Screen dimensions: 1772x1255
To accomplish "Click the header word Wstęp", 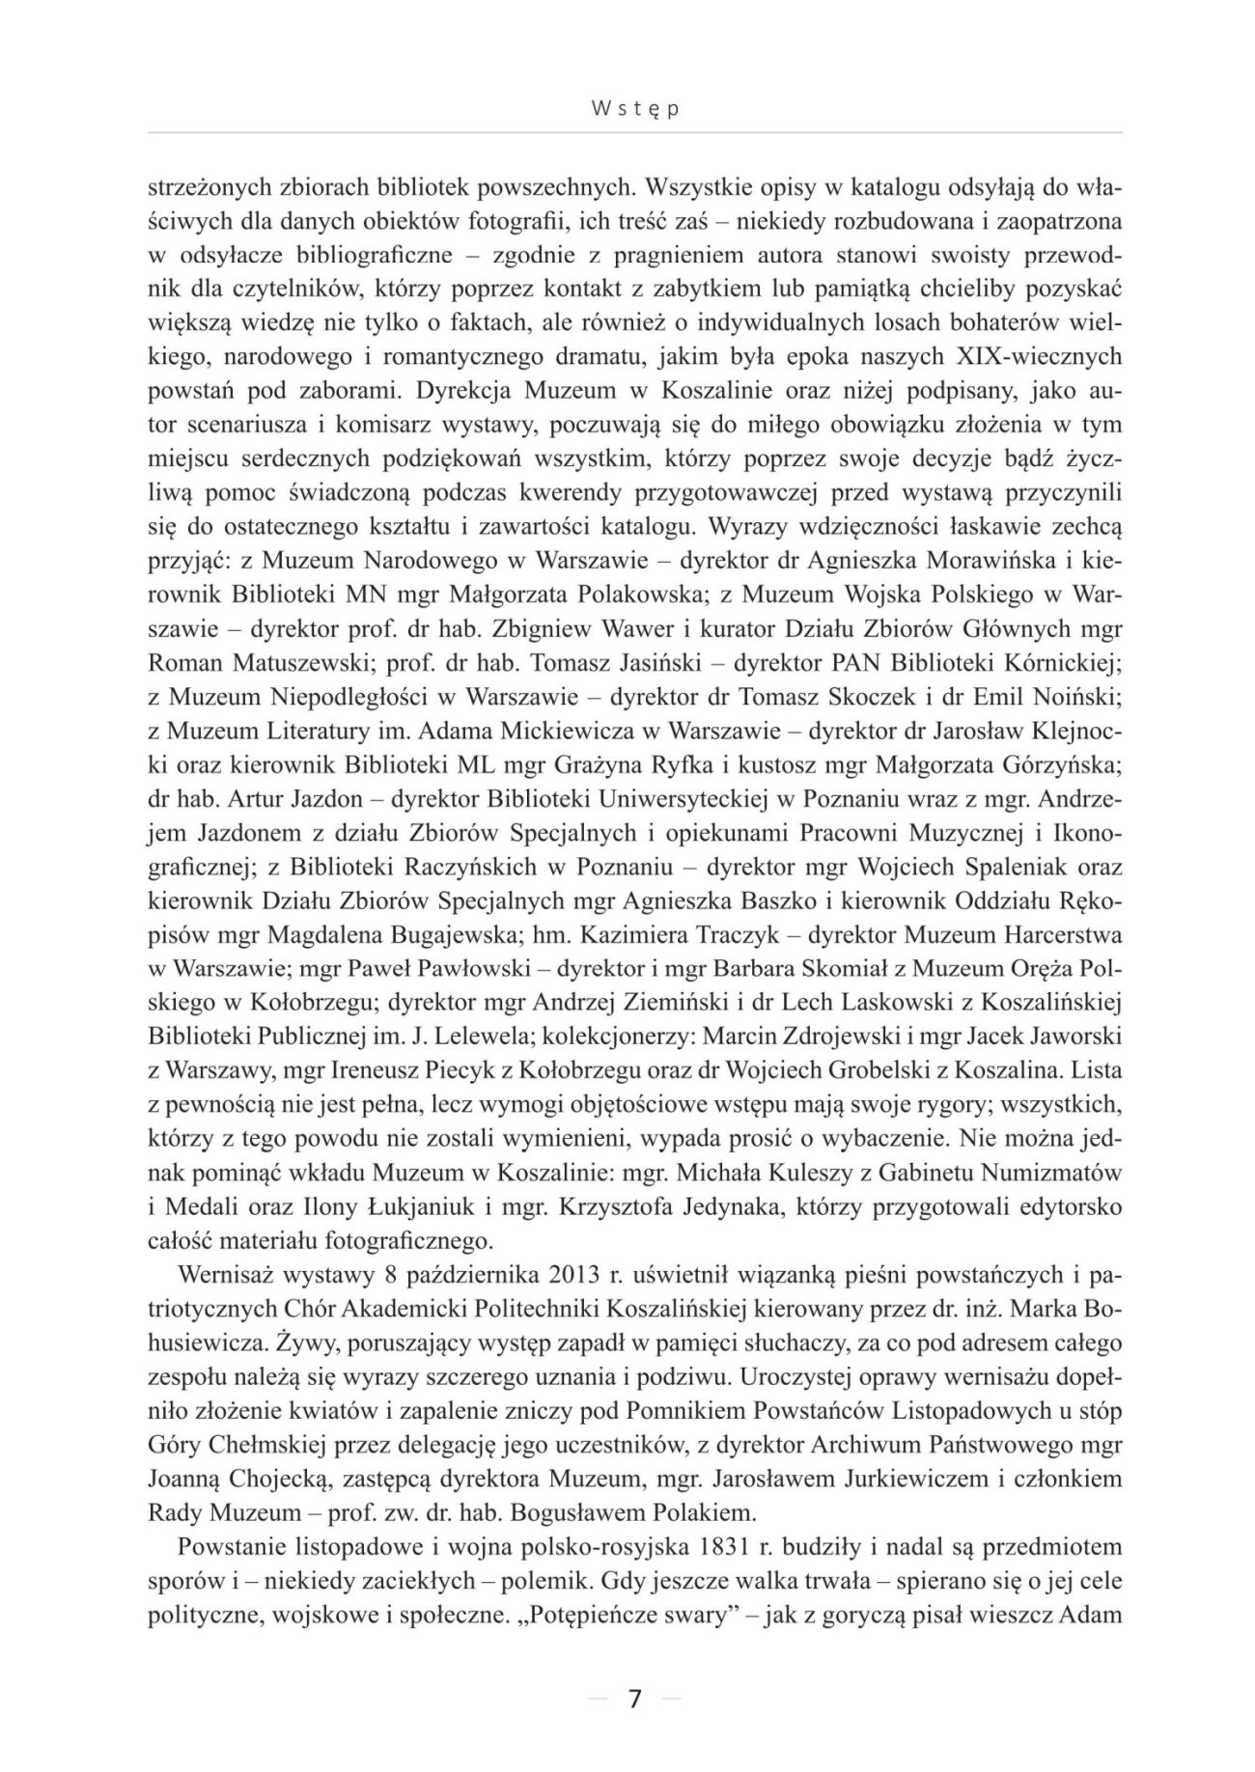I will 634,110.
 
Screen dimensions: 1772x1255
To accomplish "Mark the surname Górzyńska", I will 1058,764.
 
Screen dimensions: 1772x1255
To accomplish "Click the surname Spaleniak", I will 990,867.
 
